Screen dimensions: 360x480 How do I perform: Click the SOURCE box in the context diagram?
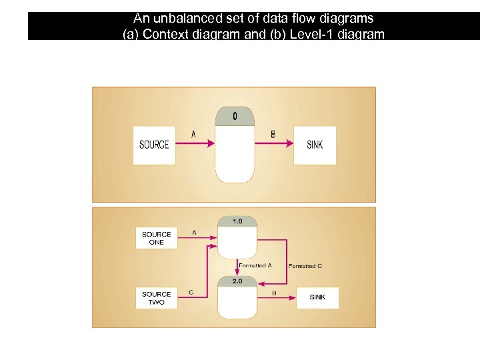[154, 145]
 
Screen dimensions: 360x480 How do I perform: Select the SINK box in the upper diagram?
[315, 145]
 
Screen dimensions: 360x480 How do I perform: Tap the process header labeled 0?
[235, 117]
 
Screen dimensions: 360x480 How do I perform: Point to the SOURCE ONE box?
[157, 239]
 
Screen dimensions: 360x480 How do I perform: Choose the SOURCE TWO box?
[157, 298]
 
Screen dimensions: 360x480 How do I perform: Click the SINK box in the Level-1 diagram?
[317, 297]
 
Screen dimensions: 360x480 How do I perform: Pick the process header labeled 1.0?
[237, 221]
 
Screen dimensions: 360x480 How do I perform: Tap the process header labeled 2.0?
[237, 281]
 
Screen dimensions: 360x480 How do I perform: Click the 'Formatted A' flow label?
[255, 266]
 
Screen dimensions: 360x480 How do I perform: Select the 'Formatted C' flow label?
[305, 266]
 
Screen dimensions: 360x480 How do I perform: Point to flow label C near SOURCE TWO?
[191, 292]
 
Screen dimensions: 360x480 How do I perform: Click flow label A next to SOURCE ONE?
[194, 233]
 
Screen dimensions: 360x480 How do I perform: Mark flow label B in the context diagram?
[273, 135]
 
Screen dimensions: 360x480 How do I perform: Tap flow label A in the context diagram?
[193, 135]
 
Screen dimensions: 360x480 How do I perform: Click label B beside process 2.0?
[274, 293]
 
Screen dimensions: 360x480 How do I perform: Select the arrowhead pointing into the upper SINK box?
[290, 143]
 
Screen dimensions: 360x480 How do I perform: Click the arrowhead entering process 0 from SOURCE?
[211, 143]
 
